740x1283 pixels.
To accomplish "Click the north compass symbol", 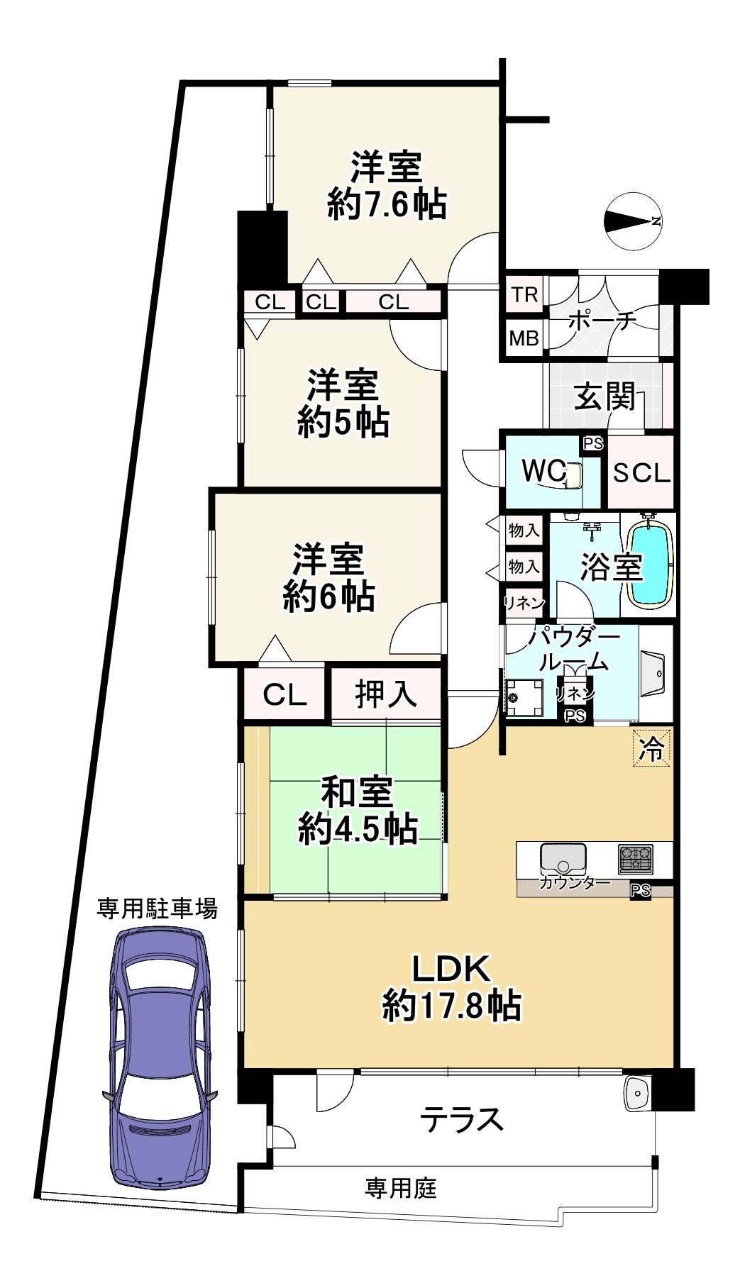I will pos(633,221).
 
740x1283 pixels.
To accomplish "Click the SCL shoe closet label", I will pos(641,472).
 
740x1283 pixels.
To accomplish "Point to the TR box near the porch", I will pos(524,294).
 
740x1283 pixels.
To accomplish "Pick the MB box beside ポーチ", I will pos(524,338).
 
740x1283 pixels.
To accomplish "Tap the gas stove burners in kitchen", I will pos(635,859).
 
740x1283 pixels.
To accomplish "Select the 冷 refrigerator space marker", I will pos(651,748).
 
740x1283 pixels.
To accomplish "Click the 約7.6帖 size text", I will pos(387,205).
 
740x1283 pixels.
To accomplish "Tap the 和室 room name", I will pos(356,792).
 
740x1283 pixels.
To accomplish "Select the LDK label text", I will pos(451,967).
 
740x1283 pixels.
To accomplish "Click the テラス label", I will pos(462,1120).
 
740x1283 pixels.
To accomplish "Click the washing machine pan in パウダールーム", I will pos(524,698).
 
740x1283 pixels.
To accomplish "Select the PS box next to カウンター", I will pos(640,891).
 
